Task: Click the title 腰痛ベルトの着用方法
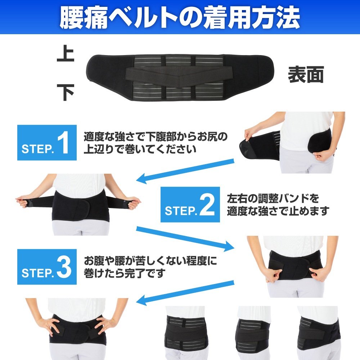pyautogui.click(x=180, y=17)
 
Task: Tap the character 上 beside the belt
pyautogui.click(x=66, y=53)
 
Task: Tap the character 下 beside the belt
pyautogui.click(x=66, y=92)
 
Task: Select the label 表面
pyautogui.click(x=306, y=75)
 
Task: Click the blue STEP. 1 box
pyautogui.click(x=47, y=143)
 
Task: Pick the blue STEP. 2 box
pyautogui.click(x=190, y=204)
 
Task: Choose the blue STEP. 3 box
pyautogui.click(x=47, y=267)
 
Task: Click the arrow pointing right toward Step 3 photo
pyautogui.click(x=185, y=239)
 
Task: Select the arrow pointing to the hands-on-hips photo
pyautogui.click(x=185, y=293)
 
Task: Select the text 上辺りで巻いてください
pyautogui.click(x=140, y=149)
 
